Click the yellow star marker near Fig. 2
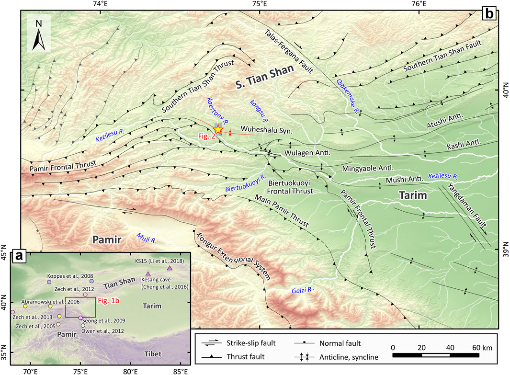coord(218,129)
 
